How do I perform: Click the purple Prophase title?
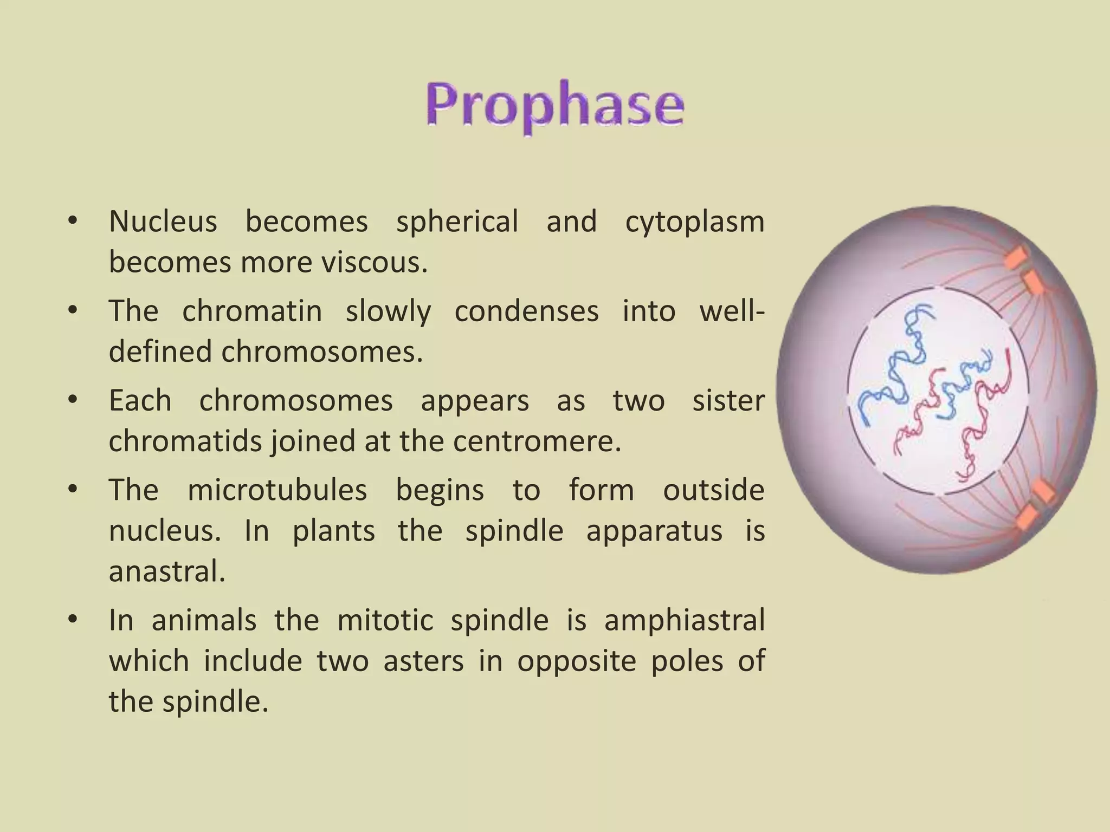(554, 106)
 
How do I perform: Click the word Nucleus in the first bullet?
(163, 222)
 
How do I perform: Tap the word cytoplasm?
(694, 222)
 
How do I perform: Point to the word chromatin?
(251, 311)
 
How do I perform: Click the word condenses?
(526, 311)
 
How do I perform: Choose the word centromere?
(537, 441)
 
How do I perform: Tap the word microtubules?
(276, 490)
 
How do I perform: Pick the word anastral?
(166, 571)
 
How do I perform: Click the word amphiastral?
(684, 620)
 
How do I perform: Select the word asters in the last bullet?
(423, 661)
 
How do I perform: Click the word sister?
(728, 401)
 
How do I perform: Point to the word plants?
(333, 531)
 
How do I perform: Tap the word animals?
(204, 620)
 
